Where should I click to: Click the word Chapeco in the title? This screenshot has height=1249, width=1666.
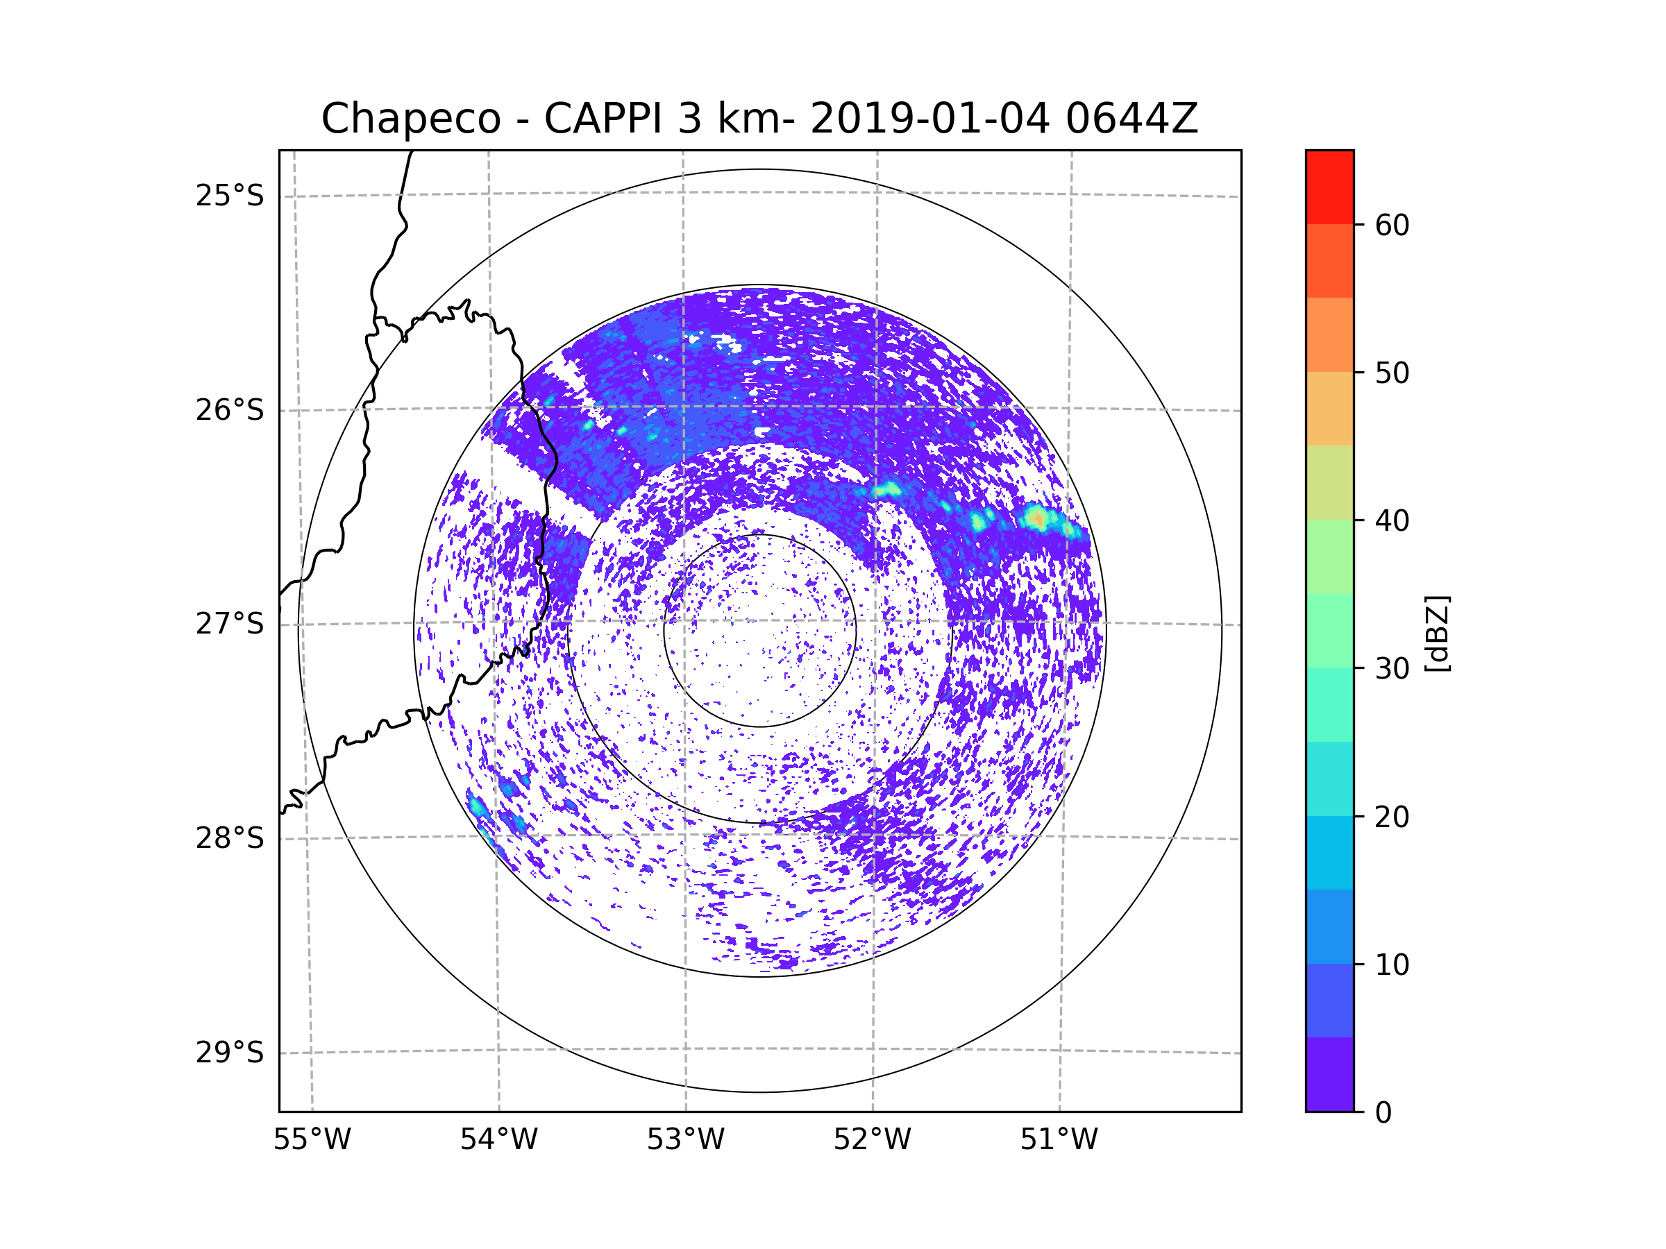coord(410,119)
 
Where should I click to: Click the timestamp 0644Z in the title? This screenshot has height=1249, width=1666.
coord(1131,119)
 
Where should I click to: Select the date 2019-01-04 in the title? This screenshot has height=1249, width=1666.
coord(929,119)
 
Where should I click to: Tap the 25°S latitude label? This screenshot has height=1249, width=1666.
coord(230,196)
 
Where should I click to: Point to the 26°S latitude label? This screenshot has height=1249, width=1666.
coord(230,410)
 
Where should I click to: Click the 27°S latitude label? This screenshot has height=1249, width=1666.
coord(230,624)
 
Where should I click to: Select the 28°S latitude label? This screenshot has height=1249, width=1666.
coord(230,838)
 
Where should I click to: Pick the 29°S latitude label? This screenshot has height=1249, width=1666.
coord(230,1053)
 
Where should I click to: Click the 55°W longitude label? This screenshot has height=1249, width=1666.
coord(312,1140)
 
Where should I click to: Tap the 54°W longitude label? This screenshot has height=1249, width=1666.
coord(498,1140)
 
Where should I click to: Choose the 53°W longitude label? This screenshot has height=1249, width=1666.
coord(685,1140)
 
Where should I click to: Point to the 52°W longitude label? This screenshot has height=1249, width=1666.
coord(872,1140)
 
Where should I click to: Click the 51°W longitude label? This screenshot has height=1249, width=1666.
coord(1059,1140)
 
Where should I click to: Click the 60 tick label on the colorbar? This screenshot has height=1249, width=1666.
coord(1392,225)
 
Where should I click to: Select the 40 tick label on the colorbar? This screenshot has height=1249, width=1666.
coord(1392,521)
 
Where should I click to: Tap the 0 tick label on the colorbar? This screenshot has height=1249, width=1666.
coord(1383,1113)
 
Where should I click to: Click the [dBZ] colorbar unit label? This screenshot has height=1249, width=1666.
coord(1437,633)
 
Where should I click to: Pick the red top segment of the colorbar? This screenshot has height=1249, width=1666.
coord(1329,187)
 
